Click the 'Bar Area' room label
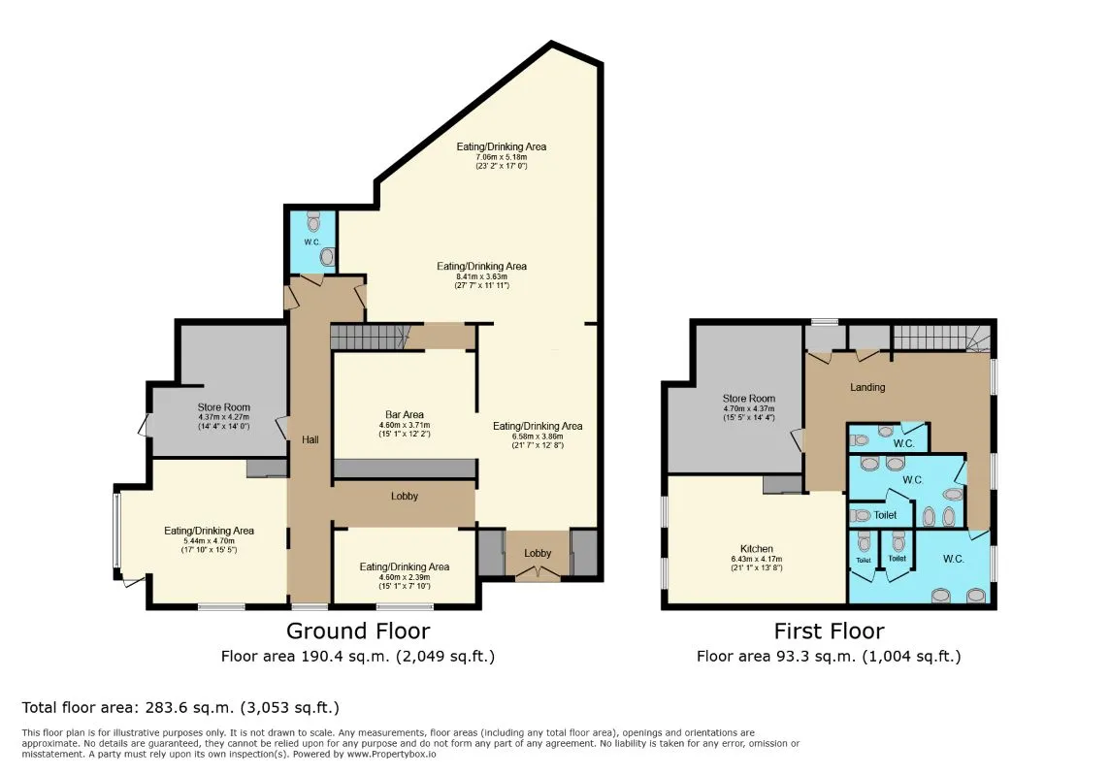[x=405, y=415]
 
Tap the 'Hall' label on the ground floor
[x=310, y=439]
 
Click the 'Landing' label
[x=867, y=387]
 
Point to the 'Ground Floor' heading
[x=358, y=631]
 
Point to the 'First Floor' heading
[x=829, y=631]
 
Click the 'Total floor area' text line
[x=180, y=707]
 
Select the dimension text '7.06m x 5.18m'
[x=502, y=157]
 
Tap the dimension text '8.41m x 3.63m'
[x=481, y=276]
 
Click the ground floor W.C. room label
[x=311, y=242]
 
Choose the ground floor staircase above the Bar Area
[x=367, y=338]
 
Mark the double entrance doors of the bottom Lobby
[x=538, y=574]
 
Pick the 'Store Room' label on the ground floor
[x=224, y=407]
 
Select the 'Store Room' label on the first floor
[x=748, y=399]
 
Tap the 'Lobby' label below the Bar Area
[x=405, y=496]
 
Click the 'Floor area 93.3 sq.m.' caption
[x=829, y=657]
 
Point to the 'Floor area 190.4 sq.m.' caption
[x=358, y=657]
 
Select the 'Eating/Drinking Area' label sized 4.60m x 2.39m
[x=405, y=566]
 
